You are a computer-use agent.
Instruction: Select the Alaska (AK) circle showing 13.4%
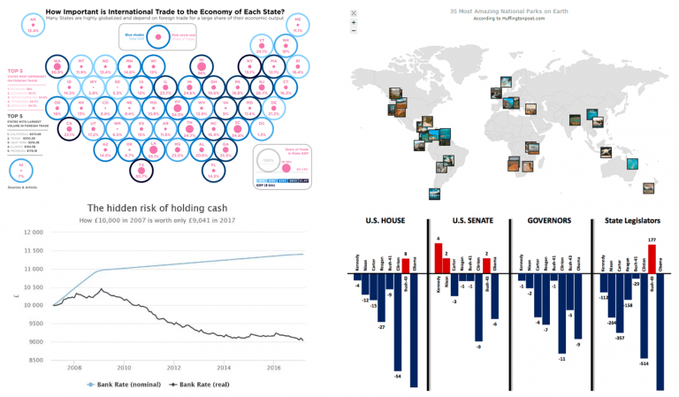click(x=34, y=24)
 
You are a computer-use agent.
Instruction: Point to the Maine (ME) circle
click(x=298, y=24)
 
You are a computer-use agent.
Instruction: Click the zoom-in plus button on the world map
click(x=354, y=24)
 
